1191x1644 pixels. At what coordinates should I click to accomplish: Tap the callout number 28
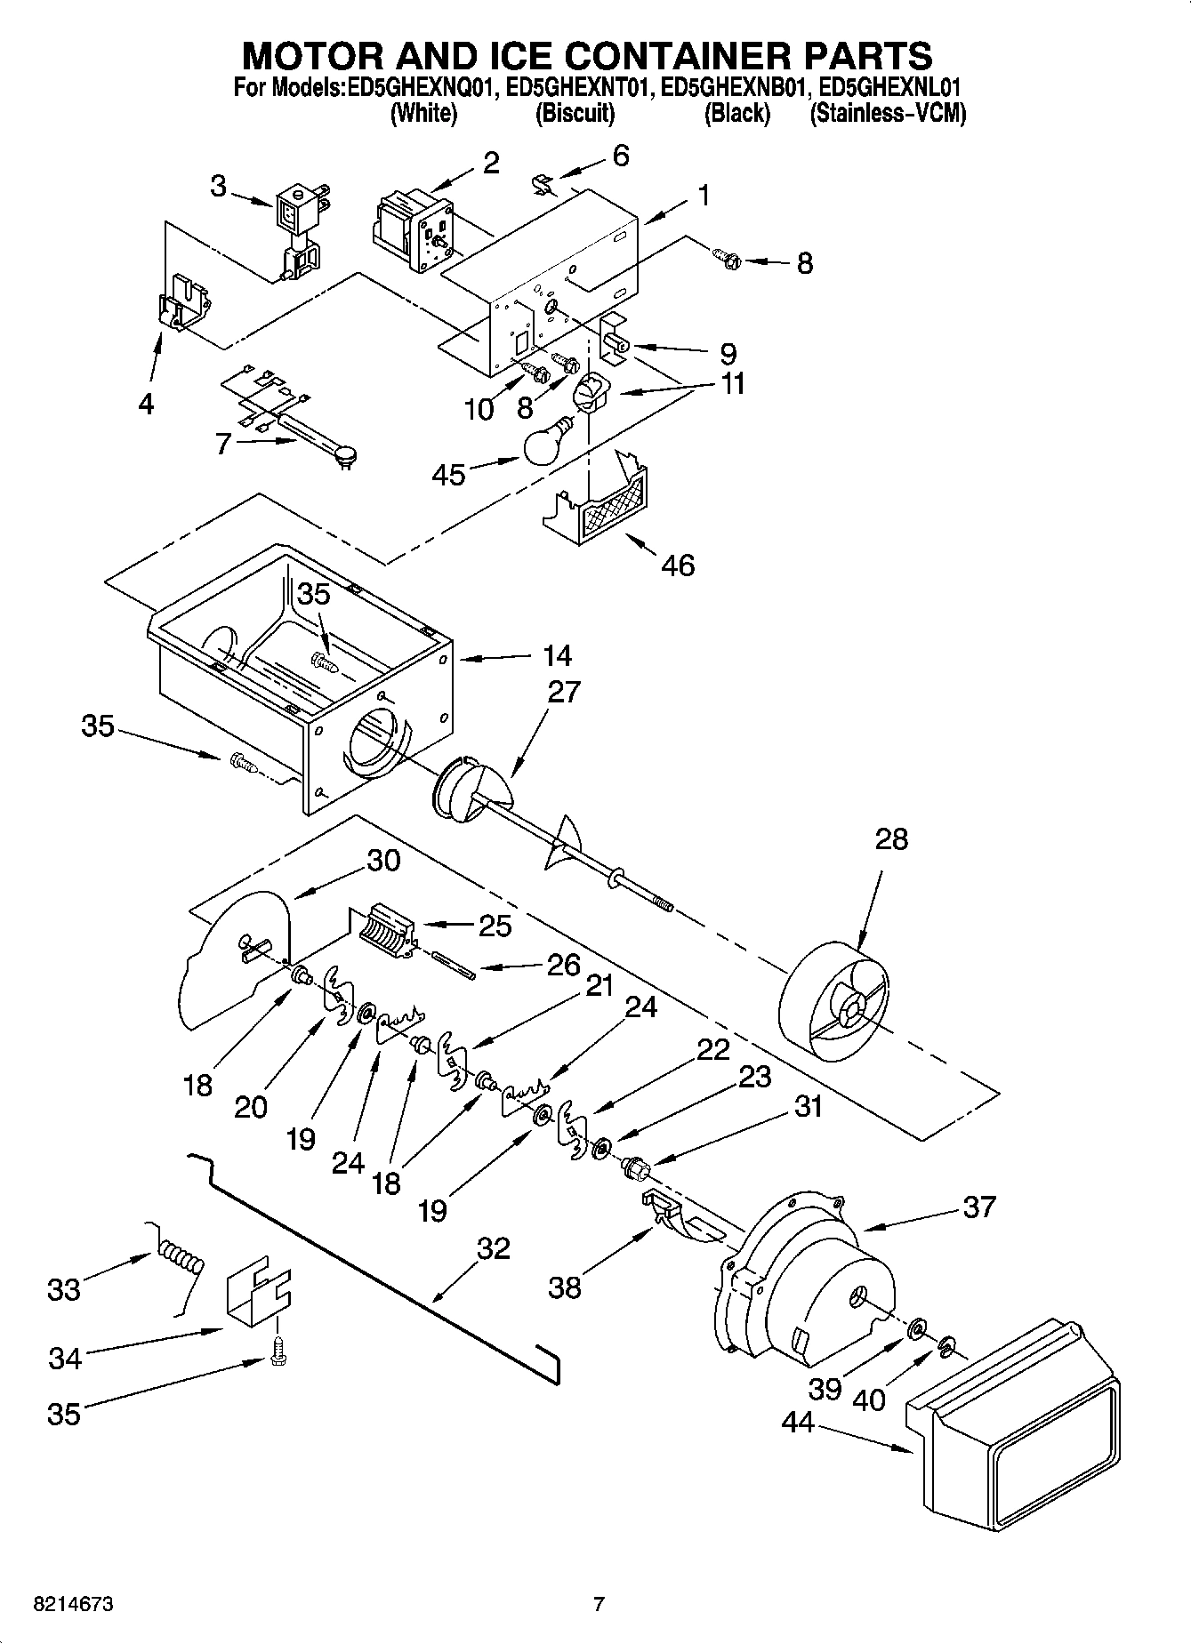pyautogui.click(x=891, y=838)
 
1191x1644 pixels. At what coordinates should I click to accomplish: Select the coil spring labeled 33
pyautogui.click(x=181, y=1261)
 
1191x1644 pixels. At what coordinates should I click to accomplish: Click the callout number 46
pyautogui.click(x=678, y=565)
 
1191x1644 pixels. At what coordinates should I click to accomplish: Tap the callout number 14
pyautogui.click(x=557, y=656)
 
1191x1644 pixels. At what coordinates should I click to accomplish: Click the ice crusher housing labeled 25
pyautogui.click(x=390, y=928)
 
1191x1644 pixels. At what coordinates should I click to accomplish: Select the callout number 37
pyautogui.click(x=978, y=1207)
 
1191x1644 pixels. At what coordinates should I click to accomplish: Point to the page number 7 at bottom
pyautogui.click(x=599, y=1605)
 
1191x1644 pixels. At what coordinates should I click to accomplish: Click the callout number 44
pyautogui.click(x=798, y=1423)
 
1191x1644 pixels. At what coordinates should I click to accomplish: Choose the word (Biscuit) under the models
pyautogui.click(x=575, y=114)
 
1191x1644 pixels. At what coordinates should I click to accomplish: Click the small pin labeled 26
pyautogui.click(x=455, y=966)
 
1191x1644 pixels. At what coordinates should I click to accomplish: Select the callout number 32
pyautogui.click(x=493, y=1247)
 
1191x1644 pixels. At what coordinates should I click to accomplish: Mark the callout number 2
pyautogui.click(x=491, y=163)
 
